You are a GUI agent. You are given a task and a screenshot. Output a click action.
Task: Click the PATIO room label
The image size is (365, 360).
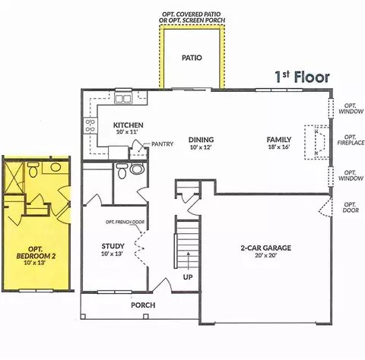pos(192,58)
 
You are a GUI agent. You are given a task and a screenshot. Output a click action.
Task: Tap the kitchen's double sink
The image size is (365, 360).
pos(123,98)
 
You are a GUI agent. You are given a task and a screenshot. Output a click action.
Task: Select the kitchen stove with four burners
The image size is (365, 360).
pos(90,125)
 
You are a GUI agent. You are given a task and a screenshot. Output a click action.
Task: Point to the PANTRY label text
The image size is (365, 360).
pos(163,144)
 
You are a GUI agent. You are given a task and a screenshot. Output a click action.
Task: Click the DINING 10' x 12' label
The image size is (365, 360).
pos(201,144)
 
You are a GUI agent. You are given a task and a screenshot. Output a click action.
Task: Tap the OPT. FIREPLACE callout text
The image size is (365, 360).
pos(351,140)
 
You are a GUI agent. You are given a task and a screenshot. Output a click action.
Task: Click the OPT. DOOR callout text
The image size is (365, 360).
pos(351,207)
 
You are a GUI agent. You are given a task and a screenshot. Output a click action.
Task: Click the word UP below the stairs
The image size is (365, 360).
pos(188,277)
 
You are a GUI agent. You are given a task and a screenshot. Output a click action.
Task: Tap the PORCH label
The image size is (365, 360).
pos(143,305)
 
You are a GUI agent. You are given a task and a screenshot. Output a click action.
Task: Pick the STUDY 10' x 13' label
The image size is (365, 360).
pos(113,250)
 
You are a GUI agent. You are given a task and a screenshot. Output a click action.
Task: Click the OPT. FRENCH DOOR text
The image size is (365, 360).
pos(125,222)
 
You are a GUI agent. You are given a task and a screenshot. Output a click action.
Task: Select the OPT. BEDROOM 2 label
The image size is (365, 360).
pos(36,255)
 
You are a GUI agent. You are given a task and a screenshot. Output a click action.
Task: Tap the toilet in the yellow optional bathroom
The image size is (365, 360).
pos(33,169)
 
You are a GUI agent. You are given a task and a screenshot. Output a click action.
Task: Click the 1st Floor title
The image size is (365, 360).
pos(302,77)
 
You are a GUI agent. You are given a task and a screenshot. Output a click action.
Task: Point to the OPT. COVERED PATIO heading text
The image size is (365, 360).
pos(192,14)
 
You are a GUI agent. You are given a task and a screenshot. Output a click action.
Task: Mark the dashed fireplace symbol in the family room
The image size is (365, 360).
pos(317,142)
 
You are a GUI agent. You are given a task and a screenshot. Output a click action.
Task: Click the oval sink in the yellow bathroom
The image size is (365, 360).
pos(56,167)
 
